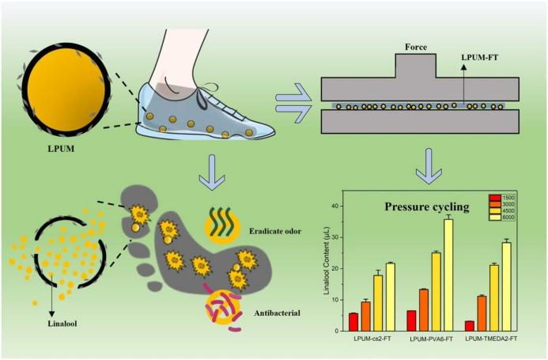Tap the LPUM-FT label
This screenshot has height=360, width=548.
(479, 58)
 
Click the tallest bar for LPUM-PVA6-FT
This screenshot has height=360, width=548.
(448, 275)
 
